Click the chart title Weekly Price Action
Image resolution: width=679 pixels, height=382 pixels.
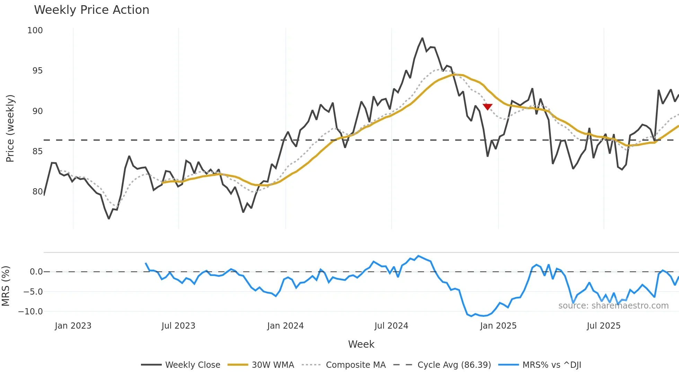point(91,10)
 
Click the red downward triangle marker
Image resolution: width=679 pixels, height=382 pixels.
point(487,107)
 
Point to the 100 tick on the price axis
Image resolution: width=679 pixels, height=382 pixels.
point(35,31)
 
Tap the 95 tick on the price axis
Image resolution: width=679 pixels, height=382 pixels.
point(37,71)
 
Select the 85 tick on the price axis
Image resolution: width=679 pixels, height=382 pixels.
point(37,151)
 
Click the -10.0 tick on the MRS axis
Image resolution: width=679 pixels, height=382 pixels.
point(30,312)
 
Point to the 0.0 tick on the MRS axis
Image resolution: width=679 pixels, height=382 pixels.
point(36,272)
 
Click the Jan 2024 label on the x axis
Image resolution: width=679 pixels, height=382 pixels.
point(285,326)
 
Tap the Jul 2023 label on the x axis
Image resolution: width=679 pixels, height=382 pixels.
point(178,326)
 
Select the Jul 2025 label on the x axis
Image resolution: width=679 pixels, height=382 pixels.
point(603,326)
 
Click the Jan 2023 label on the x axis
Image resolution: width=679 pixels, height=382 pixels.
point(73,326)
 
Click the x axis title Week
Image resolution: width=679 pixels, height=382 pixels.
point(361,344)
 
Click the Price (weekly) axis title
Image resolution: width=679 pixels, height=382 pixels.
point(10,128)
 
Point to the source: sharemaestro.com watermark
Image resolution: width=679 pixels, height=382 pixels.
point(613,306)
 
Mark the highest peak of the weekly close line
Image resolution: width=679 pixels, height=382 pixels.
point(422,38)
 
